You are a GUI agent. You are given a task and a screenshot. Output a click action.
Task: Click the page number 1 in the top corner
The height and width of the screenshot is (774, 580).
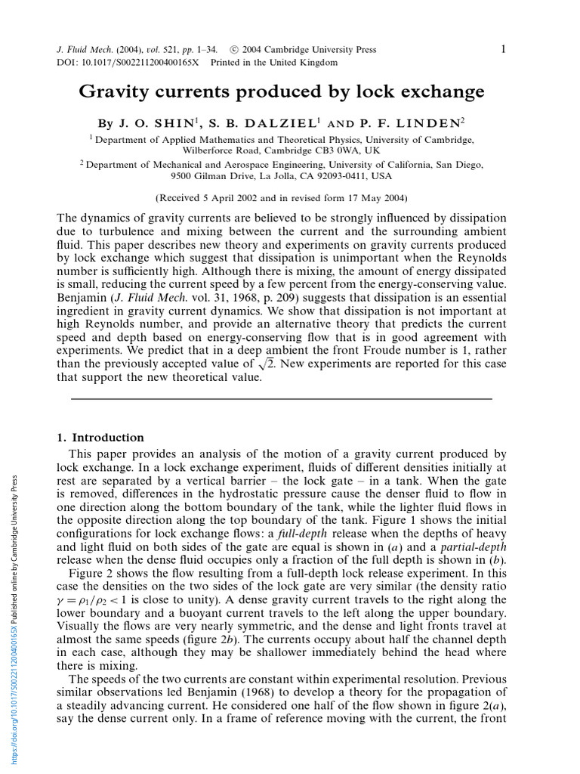click(x=502, y=49)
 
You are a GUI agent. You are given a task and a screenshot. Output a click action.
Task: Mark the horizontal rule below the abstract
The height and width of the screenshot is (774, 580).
click(x=281, y=398)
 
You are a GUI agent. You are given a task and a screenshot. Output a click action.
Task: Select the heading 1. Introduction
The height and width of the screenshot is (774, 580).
click(x=100, y=438)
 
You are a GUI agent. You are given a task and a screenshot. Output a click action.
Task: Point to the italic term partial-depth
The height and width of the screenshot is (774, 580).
click(x=474, y=547)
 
